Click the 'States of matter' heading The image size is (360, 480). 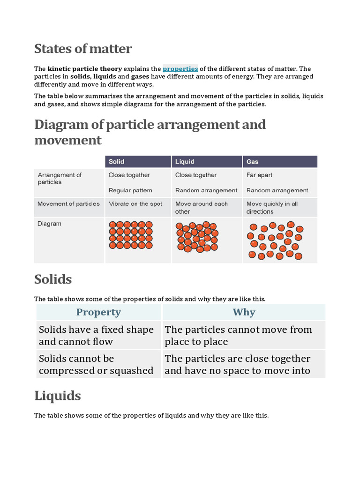tap(83, 48)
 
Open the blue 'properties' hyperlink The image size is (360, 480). tap(180, 68)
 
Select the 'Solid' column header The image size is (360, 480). tap(117, 162)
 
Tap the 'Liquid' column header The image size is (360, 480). tap(185, 162)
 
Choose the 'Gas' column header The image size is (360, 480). tap(253, 162)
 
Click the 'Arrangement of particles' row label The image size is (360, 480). tap(60, 179)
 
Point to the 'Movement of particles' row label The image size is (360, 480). tap(68, 204)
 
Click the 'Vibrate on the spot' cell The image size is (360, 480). tap(135, 204)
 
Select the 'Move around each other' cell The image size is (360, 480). tap(201, 208)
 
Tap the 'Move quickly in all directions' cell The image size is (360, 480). tap(272, 208)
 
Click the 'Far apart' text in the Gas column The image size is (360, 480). tap(259, 175)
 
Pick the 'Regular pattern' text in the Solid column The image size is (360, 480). tap(130, 190)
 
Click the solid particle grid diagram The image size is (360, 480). tap(131, 235)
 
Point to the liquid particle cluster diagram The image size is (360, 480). tap(197, 237)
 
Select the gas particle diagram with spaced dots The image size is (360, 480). tap(275, 240)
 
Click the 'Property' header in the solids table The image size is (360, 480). tap(98, 312)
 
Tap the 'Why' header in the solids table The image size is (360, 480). tap(244, 312)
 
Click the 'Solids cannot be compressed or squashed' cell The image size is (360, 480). tap(96, 365)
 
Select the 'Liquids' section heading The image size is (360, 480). tap(58, 396)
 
